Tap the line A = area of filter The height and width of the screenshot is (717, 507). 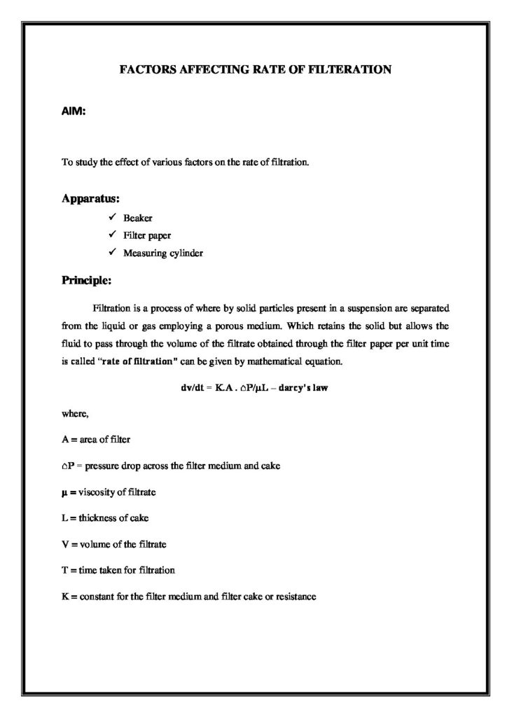[x=96, y=440]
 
